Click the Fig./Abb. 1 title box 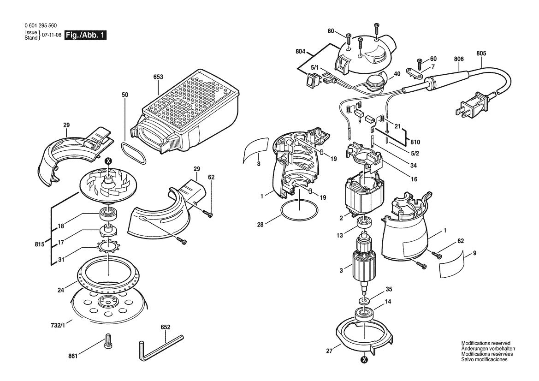click(85, 36)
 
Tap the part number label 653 click(158, 78)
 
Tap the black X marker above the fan click(108, 161)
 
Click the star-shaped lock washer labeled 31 click(108, 245)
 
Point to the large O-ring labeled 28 click(300, 211)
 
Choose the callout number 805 click(481, 53)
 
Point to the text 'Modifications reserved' click(486, 344)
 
